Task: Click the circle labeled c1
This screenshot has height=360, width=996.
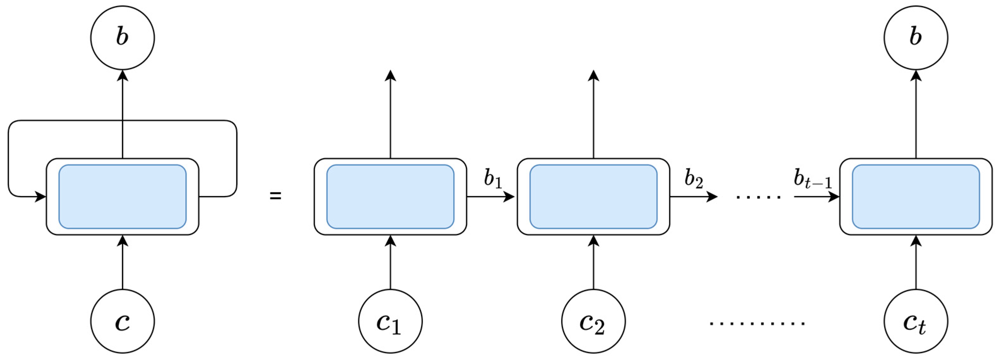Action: coord(390,321)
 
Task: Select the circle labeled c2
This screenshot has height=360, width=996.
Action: coord(593,321)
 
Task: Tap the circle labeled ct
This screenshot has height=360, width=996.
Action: coord(916,321)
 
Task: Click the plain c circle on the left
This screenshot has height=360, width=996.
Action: coord(123,321)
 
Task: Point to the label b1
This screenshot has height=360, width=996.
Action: coord(493,179)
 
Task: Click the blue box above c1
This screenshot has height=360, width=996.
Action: coord(390,197)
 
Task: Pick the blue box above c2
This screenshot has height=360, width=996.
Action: coord(593,197)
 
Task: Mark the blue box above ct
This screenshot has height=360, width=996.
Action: coord(916,197)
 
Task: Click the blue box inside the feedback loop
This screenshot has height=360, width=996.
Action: coord(123,197)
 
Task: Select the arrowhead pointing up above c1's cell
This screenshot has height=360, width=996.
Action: coord(390,75)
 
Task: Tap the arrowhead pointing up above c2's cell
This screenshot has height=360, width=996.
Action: coord(594,75)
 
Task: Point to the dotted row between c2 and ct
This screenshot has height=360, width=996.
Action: coord(757,323)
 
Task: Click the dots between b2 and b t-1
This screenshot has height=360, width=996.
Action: coord(759,197)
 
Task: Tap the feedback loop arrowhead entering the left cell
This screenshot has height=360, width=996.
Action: coord(41,197)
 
